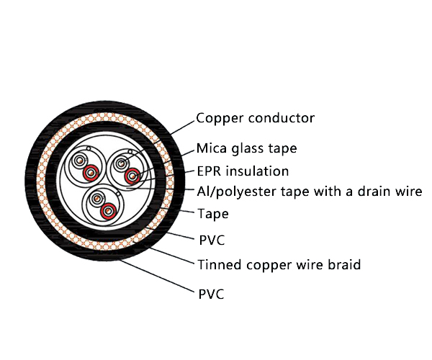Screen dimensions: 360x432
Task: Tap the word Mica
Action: coord(212,149)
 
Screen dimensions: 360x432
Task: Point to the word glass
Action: coord(247,150)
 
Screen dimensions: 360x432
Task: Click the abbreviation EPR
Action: coord(210,171)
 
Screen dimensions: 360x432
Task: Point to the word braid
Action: coord(343,265)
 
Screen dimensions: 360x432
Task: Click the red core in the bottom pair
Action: coord(109,210)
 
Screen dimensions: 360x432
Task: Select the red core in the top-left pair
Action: coord(90,173)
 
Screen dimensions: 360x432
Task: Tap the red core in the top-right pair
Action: coord(132,176)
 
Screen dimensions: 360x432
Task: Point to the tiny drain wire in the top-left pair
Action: coord(86,152)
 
